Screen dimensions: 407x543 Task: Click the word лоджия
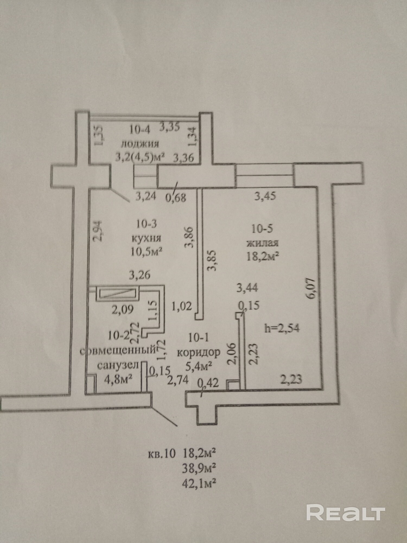point(140,143)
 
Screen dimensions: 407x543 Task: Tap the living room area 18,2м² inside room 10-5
point(263,256)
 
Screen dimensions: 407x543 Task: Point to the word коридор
point(198,353)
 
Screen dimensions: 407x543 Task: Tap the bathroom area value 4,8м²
point(118,378)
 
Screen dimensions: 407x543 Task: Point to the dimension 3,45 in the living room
point(265,196)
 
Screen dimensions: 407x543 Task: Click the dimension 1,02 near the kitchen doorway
point(182,306)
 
